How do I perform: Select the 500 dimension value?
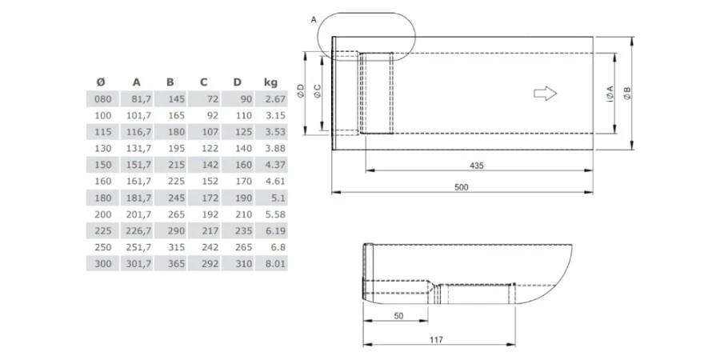(462, 187)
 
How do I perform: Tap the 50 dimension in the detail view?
(398, 316)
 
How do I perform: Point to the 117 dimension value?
(436, 340)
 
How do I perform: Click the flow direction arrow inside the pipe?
(545, 94)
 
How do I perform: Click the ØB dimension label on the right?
(628, 94)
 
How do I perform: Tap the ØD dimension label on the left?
(300, 92)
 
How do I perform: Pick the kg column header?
(270, 82)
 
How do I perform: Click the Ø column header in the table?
(100, 82)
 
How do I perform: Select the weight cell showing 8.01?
(275, 263)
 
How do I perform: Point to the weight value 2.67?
(275, 98)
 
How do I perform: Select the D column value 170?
(242, 181)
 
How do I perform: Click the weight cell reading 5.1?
(278, 198)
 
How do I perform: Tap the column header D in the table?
(237, 82)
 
